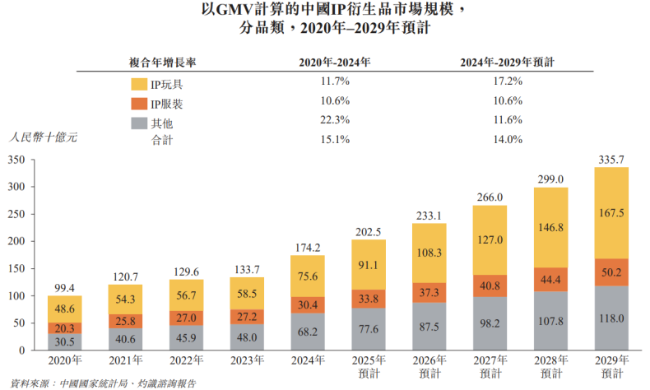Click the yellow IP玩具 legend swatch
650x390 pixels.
(138, 83)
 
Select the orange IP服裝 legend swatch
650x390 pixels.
(138, 104)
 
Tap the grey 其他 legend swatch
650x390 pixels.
(138, 124)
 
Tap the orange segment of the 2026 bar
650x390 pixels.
(428, 292)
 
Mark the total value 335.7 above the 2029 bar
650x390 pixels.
(611, 159)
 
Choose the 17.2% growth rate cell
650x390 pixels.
(507, 81)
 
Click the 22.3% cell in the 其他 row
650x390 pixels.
(335, 120)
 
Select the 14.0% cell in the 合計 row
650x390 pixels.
(507, 139)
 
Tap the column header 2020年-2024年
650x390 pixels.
(335, 62)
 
